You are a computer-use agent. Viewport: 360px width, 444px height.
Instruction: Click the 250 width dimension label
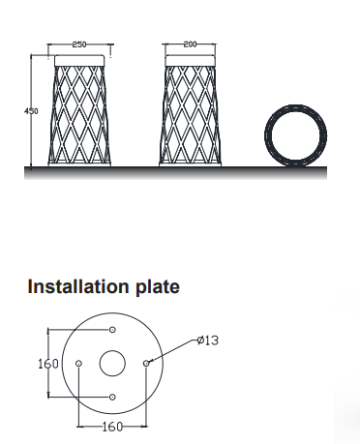coord(79,44)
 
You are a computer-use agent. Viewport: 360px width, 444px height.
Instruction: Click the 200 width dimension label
coord(190,44)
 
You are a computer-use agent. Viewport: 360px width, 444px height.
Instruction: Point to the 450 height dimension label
coord(31,111)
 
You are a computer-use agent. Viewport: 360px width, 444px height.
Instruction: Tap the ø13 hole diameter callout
coord(208,340)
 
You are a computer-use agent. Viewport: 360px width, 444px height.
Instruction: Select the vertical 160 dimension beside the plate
coord(48,364)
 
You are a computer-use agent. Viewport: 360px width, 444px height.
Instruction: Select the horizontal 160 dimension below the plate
coord(113,427)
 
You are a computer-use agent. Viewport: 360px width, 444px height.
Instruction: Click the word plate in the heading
coord(158,287)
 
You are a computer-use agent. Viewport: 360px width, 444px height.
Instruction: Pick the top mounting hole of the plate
coord(112,330)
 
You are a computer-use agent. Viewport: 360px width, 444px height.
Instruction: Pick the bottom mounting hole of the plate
coord(112,397)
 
